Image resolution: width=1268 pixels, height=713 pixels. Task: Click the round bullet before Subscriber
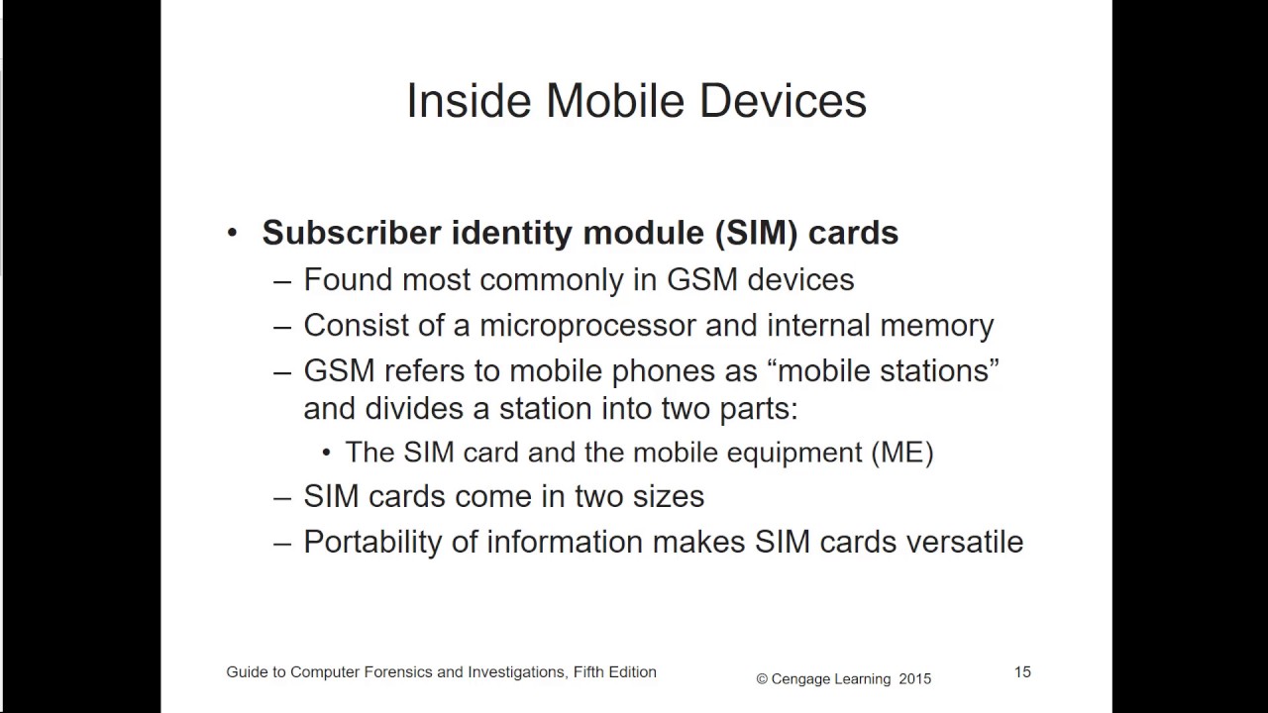click(233, 234)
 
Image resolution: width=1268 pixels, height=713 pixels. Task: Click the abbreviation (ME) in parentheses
click(901, 453)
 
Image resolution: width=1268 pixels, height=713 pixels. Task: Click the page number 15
click(1022, 672)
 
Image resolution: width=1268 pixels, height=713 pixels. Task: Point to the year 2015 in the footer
click(914, 679)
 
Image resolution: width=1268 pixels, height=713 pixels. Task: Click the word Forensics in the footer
click(394, 672)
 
